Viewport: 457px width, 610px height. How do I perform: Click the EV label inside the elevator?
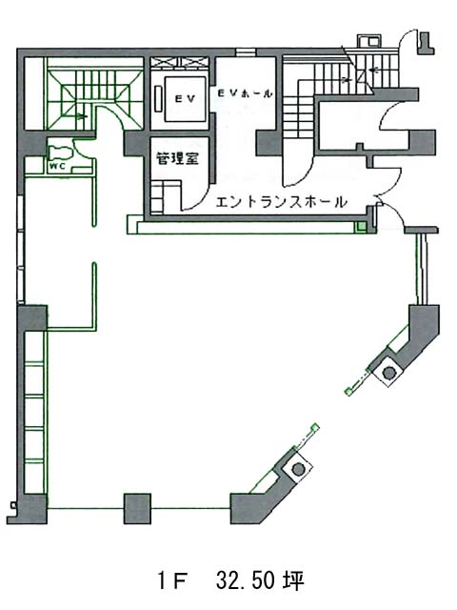tap(185, 99)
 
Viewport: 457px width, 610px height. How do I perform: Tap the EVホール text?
tap(245, 93)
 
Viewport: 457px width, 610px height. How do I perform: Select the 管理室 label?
tap(178, 158)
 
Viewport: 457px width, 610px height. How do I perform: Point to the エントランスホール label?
tap(281, 202)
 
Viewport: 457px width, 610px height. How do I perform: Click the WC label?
tap(56, 167)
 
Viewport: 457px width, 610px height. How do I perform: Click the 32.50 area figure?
tap(247, 580)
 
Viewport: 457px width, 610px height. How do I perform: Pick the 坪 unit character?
tap(294, 580)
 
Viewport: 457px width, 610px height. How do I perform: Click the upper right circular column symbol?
tap(388, 373)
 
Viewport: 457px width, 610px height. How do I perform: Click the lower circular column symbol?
tap(298, 469)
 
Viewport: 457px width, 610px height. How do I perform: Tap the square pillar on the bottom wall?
tap(137, 508)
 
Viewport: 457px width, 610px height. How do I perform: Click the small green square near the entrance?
tap(362, 227)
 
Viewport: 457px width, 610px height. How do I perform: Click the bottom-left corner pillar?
tap(31, 509)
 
